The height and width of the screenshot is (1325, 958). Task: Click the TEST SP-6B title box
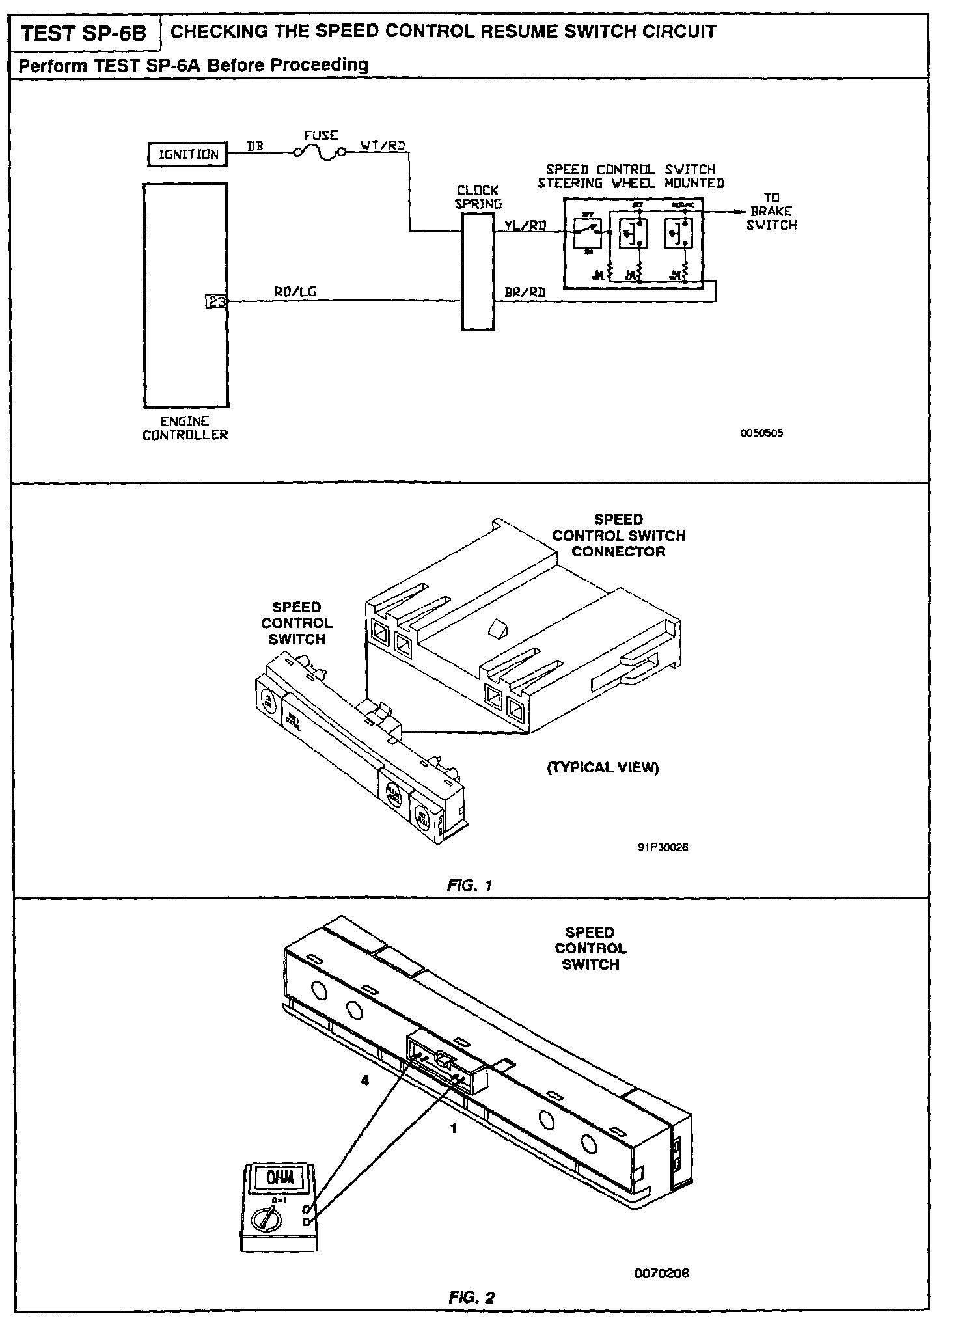pos(85,33)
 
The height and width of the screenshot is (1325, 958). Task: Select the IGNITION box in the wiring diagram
pos(187,154)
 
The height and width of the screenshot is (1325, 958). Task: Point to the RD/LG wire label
pos(295,292)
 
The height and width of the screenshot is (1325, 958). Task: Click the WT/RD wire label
pos(383,144)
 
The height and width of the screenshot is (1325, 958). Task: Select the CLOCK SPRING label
pos(478,197)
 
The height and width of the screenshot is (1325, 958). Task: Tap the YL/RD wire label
pos(525,225)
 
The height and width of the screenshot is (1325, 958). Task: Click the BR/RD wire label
pos(525,292)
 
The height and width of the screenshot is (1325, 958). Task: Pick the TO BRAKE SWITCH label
pos(771,211)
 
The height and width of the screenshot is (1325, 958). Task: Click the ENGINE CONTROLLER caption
pos(185,428)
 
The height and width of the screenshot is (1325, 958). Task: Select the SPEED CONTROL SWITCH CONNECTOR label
pos(618,536)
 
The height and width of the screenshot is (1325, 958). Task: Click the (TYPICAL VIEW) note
pos(603,768)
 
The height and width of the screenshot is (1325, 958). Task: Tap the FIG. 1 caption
pos(470,885)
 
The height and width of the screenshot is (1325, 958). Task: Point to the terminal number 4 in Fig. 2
pos(365,1080)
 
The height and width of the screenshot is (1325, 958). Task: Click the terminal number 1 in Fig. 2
pos(454,1129)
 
